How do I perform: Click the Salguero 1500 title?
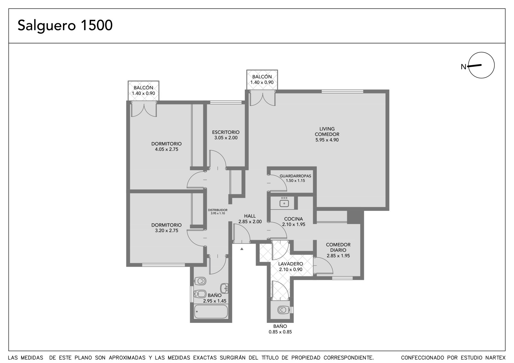click(65, 25)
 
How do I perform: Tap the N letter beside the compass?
click(464, 67)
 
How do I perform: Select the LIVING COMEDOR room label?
click(327, 132)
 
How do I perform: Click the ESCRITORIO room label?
click(226, 132)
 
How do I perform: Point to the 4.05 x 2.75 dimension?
click(167, 149)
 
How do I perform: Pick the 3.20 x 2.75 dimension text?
click(167, 230)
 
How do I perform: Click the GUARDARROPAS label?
click(295, 176)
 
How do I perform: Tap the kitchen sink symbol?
click(284, 203)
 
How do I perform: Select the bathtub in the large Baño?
click(211, 311)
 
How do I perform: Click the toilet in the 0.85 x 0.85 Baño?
click(283, 310)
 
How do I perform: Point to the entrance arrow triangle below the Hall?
click(242, 249)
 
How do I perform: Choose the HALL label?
click(250, 216)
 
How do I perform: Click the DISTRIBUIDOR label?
click(217, 210)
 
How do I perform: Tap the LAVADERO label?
click(290, 264)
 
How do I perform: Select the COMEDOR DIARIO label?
click(338, 247)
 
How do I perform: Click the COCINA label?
click(294, 219)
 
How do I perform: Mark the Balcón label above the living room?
click(262, 77)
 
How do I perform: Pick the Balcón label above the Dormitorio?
click(143, 88)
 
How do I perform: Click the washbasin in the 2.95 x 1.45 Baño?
click(224, 288)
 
